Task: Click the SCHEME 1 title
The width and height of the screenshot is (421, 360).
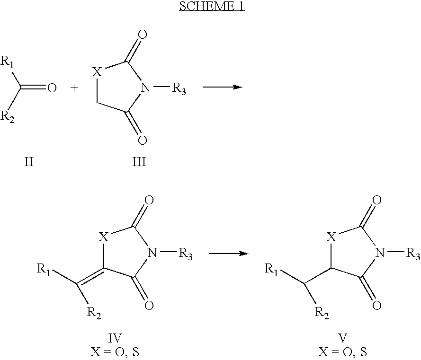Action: (x=211, y=7)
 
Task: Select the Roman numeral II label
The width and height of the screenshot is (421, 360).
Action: (x=29, y=163)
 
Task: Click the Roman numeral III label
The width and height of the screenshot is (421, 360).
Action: (x=139, y=163)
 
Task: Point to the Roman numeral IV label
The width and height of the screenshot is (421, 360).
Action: (x=115, y=338)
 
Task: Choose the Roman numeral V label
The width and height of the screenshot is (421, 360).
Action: (x=343, y=338)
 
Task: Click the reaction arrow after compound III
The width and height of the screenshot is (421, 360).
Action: (x=222, y=88)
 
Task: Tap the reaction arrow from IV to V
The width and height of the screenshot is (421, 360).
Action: (x=229, y=254)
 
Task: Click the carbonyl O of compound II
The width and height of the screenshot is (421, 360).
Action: (x=52, y=88)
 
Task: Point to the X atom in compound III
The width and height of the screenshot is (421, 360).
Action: (x=96, y=72)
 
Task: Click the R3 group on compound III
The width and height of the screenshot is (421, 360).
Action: (x=178, y=89)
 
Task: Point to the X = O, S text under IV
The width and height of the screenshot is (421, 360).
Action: (x=115, y=352)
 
